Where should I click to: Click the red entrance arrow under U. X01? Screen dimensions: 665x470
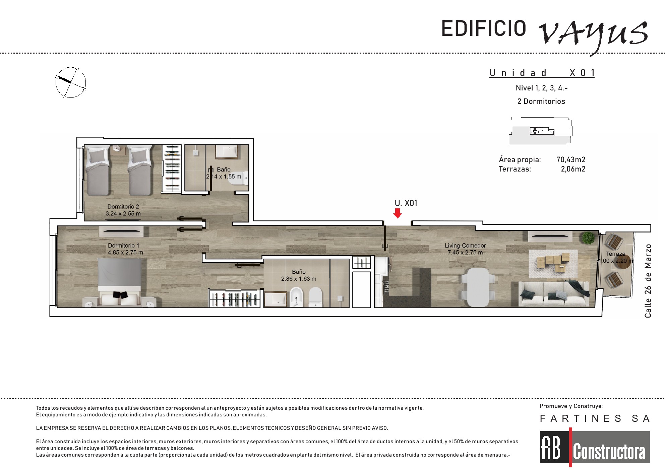click(398, 213)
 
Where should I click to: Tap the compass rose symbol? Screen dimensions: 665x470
click(71, 82)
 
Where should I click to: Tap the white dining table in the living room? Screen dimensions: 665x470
click(478, 287)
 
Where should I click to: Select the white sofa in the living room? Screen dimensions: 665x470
click(553, 294)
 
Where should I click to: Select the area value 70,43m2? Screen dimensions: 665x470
click(570, 160)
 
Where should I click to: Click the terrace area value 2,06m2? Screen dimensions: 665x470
click(573, 169)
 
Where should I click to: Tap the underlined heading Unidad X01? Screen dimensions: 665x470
click(542, 73)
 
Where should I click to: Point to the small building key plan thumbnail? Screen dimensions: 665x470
click(540, 131)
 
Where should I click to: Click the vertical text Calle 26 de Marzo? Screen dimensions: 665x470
click(648, 281)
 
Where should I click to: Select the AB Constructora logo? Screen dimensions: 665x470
click(595, 447)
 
